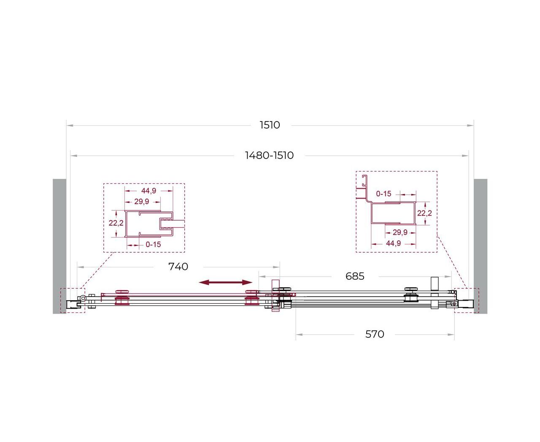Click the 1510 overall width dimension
(270, 125)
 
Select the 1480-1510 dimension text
(269, 155)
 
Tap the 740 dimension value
(178, 267)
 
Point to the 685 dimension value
(355, 276)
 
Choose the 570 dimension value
(375, 334)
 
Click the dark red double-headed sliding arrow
(226, 282)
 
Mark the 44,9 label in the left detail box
(148, 191)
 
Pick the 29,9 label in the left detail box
(142, 202)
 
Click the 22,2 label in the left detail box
(116, 223)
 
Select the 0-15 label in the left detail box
(153, 245)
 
